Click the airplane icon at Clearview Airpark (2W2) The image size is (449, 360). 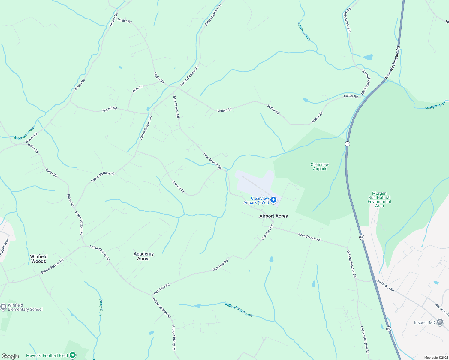(273, 200)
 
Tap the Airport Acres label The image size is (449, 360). (273, 216)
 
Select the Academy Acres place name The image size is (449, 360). (143, 256)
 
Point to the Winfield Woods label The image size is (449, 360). (38, 259)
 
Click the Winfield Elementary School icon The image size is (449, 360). (3, 307)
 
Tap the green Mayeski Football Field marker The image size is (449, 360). (73, 355)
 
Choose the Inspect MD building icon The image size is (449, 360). (440, 322)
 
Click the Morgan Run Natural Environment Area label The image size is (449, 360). (379, 200)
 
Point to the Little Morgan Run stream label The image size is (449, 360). (238, 309)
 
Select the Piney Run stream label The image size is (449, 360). (101, 307)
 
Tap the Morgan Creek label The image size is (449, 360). (25, 133)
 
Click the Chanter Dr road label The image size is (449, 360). (178, 187)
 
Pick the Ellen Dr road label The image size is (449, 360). (138, 89)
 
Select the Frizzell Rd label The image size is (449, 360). (110, 109)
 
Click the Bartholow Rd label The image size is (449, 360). (386, 285)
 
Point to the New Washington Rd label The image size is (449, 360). (393, 62)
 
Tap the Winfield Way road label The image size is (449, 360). (4, 248)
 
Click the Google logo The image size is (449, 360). (10, 356)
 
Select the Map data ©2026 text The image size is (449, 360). (436, 358)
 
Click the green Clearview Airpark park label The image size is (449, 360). (320, 166)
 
